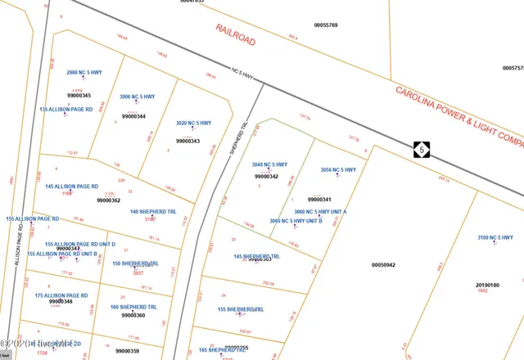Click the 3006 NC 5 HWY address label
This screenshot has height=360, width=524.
[136, 97]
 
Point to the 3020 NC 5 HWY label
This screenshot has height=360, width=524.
[193, 124]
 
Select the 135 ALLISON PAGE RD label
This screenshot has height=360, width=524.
[65, 109]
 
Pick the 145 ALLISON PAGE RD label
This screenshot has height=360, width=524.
[71, 187]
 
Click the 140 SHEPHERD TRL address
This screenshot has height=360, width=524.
[153, 212]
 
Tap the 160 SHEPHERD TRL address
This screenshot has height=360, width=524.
[133, 307]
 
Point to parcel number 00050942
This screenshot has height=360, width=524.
[383, 265]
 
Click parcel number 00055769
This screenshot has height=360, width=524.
[326, 25]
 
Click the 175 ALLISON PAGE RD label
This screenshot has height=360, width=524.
[61, 295]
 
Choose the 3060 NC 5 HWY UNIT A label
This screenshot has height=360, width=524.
[321, 212]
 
